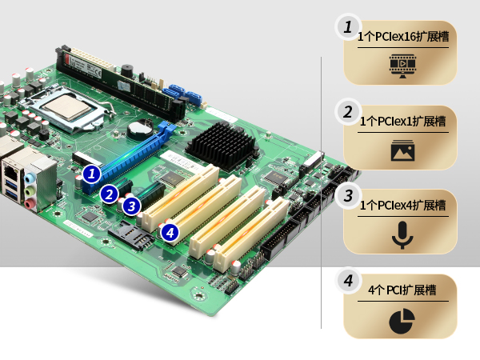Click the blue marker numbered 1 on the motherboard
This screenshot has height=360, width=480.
[x=91, y=174]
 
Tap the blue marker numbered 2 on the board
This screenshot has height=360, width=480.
[x=109, y=194]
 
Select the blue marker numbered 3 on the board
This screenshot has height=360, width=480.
[x=131, y=206]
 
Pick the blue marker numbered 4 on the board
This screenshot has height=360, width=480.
[x=170, y=232]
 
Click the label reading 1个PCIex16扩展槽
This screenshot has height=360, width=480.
[x=403, y=37]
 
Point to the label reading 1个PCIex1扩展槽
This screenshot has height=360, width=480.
[x=402, y=122]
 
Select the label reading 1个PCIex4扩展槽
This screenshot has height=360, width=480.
[x=402, y=205]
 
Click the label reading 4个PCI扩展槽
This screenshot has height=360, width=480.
[x=402, y=290]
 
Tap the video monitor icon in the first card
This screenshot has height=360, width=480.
[x=403, y=66]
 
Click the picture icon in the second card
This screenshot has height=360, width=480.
[x=403, y=150]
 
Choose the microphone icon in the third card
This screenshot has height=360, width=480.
[x=403, y=235]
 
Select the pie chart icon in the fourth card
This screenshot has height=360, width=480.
[x=402, y=321]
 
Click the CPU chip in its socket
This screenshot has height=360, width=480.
[x=66, y=107]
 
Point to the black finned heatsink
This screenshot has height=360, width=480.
[x=222, y=145]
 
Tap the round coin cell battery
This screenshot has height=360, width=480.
[x=139, y=130]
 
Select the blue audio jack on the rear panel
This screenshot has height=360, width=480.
[x=30, y=178]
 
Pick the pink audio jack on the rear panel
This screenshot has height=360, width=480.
[x=29, y=203]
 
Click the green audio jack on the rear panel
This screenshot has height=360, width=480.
[x=29, y=191]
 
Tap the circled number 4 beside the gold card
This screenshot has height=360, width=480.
[x=348, y=281]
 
